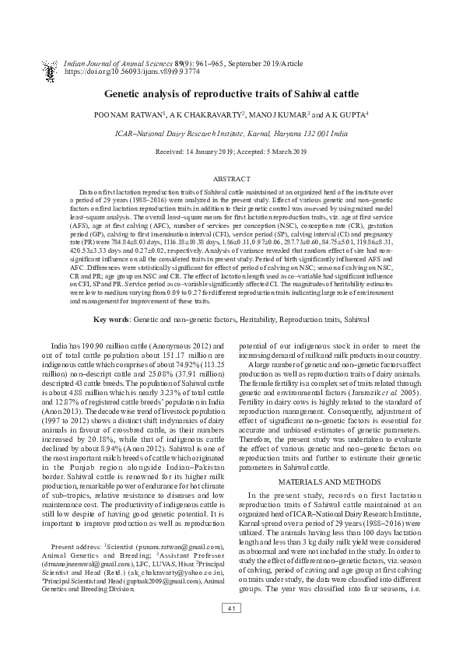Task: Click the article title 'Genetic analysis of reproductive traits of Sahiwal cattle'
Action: [x=231, y=94]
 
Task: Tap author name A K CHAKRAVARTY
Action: [x=206, y=114]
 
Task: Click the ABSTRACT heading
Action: [x=231, y=178]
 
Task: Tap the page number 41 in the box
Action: [x=231, y=630]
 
